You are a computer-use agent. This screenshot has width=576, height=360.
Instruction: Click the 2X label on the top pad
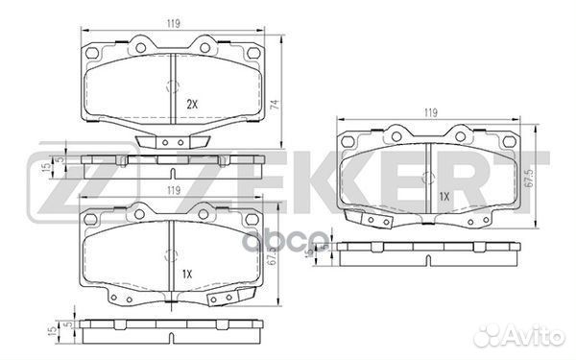click(x=191, y=103)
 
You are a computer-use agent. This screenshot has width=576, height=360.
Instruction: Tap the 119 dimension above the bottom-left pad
click(x=170, y=189)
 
